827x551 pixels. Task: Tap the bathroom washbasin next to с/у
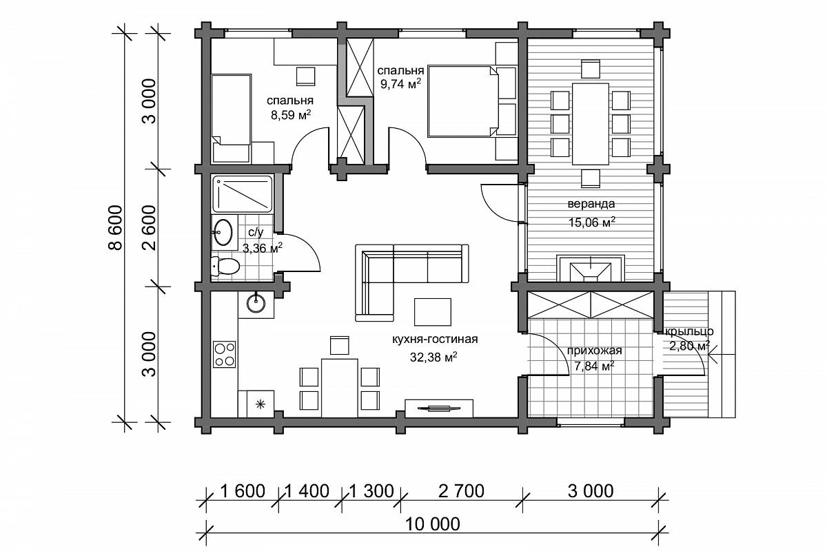(223, 232)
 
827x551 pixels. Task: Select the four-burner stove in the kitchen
(224, 354)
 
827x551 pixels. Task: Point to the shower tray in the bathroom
(242, 194)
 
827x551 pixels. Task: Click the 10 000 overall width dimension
(433, 524)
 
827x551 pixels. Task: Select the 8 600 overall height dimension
(116, 228)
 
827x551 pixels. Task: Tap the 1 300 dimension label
(371, 491)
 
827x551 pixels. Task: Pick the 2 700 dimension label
(461, 491)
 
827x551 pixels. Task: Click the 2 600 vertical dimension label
(150, 228)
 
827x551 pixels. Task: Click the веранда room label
(591, 204)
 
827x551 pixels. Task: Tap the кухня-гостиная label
(435, 339)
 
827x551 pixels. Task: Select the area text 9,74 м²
(400, 84)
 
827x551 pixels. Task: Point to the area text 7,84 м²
(594, 366)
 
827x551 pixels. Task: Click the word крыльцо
(689, 331)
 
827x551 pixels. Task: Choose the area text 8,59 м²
(291, 115)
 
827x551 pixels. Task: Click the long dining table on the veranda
(591, 124)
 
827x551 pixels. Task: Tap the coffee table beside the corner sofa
(432, 312)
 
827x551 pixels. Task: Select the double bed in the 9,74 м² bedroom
(463, 101)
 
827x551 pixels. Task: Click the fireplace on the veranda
(591, 269)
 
